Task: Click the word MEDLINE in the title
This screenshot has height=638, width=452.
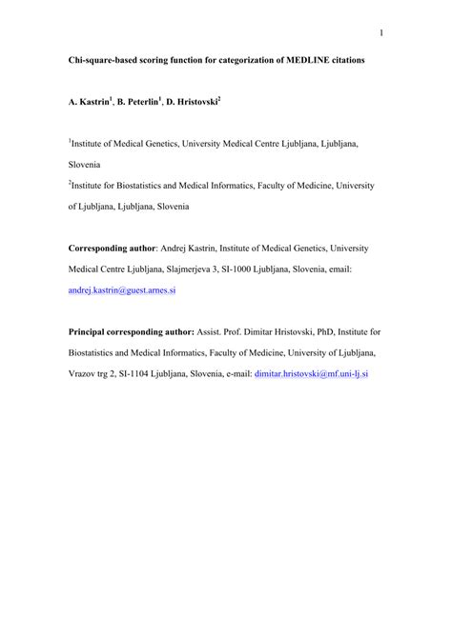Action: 307,59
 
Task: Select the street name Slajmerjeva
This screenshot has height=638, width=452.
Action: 194,269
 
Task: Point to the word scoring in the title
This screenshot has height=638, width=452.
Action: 165,59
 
